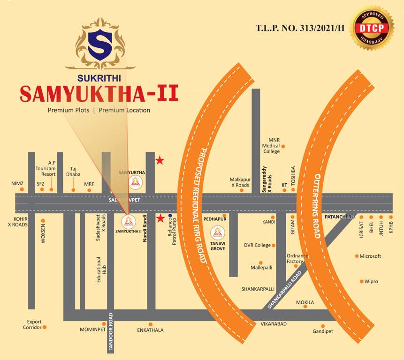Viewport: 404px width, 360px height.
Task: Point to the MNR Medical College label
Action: click(271, 146)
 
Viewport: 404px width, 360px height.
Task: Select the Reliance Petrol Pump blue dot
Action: click(170, 216)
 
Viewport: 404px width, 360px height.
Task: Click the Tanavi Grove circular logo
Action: click(217, 233)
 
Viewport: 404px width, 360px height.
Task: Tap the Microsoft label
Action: click(370, 256)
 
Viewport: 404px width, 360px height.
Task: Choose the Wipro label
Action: click(371, 281)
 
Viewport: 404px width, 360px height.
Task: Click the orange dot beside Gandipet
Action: click(323, 326)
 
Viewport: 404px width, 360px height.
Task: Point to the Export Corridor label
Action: click(32, 324)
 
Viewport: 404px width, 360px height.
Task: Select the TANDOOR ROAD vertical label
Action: click(111, 331)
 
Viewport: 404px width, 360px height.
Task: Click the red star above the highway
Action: click(160, 161)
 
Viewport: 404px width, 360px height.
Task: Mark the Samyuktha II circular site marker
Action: click(128, 221)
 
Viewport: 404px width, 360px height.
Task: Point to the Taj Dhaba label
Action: click(73, 172)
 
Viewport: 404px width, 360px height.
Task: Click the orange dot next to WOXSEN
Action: click(43, 220)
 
